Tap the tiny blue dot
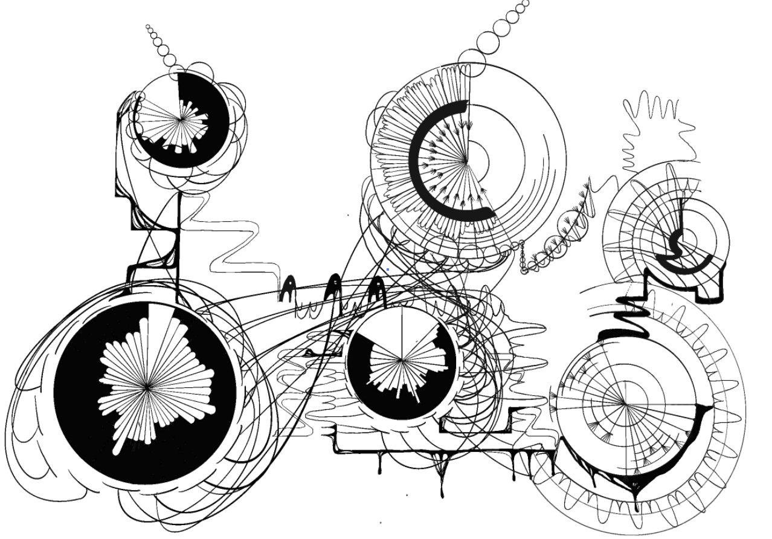click(x=387, y=269)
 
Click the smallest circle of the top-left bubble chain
click(x=147, y=26)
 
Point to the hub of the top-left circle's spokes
click(x=181, y=120)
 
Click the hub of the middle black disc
click(x=402, y=361)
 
